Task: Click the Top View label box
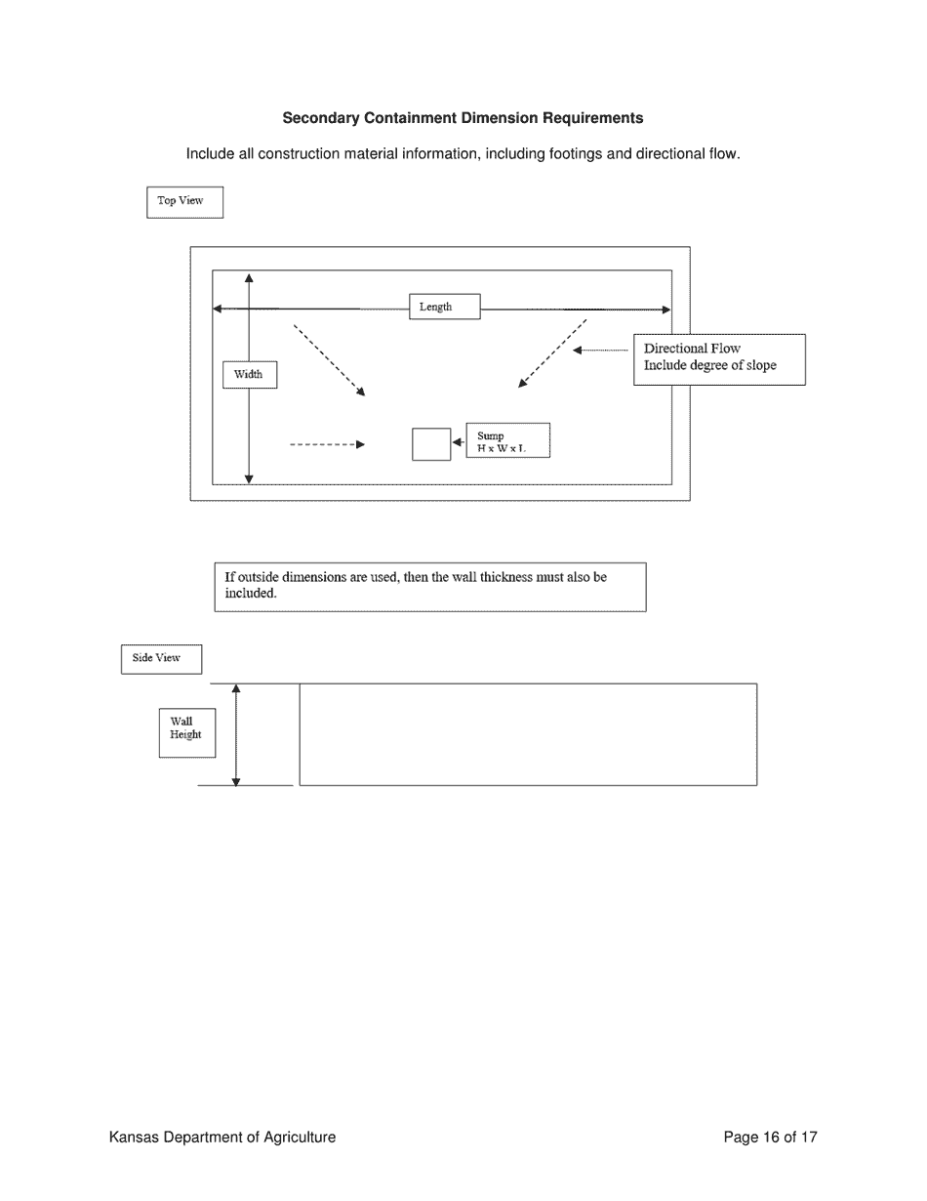click(184, 202)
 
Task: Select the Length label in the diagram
click(444, 307)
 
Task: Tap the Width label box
click(249, 375)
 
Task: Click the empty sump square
click(431, 444)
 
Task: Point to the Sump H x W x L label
click(507, 440)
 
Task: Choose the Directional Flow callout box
click(719, 359)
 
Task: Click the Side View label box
click(161, 659)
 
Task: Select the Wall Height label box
click(186, 732)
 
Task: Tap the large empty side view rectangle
click(528, 734)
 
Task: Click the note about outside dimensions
click(429, 587)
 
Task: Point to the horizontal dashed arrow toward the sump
click(327, 444)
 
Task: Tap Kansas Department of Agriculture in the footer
click(222, 1137)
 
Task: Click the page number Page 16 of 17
click(770, 1137)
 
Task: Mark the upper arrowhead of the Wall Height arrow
click(236, 689)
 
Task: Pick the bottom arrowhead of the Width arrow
click(249, 478)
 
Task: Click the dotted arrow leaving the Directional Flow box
click(600, 350)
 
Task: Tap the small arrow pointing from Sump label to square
click(458, 442)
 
